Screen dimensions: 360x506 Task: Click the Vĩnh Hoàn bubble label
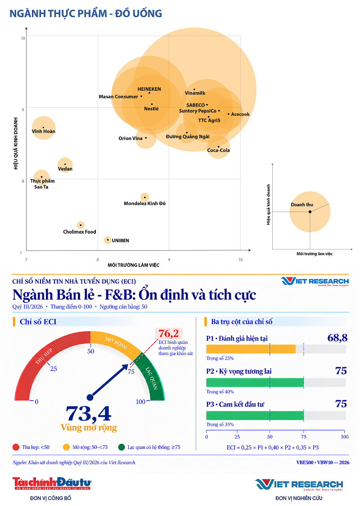click(44, 131)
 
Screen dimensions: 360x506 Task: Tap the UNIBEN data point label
click(120, 240)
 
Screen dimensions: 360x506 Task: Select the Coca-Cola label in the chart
click(218, 150)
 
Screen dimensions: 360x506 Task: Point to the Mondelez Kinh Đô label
click(144, 203)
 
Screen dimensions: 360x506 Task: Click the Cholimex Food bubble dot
click(81, 225)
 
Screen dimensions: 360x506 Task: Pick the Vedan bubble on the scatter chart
click(65, 165)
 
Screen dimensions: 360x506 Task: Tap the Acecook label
click(240, 114)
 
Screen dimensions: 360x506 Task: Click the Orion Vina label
click(130, 139)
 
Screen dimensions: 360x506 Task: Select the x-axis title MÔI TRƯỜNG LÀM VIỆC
click(134, 265)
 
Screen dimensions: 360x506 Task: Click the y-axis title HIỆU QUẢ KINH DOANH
click(16, 143)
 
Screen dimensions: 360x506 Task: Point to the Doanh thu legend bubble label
click(302, 204)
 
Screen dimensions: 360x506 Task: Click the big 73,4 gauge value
click(88, 413)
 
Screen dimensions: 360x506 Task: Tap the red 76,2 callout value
click(168, 333)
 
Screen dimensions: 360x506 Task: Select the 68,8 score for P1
click(337, 338)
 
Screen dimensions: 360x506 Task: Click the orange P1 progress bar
click(251, 349)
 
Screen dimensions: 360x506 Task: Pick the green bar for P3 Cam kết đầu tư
click(255, 416)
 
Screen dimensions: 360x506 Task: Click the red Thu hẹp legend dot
click(16, 447)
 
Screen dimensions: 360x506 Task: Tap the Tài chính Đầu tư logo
click(52, 483)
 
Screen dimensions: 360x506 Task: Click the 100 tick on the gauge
click(140, 402)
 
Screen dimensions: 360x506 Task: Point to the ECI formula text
click(273, 447)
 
